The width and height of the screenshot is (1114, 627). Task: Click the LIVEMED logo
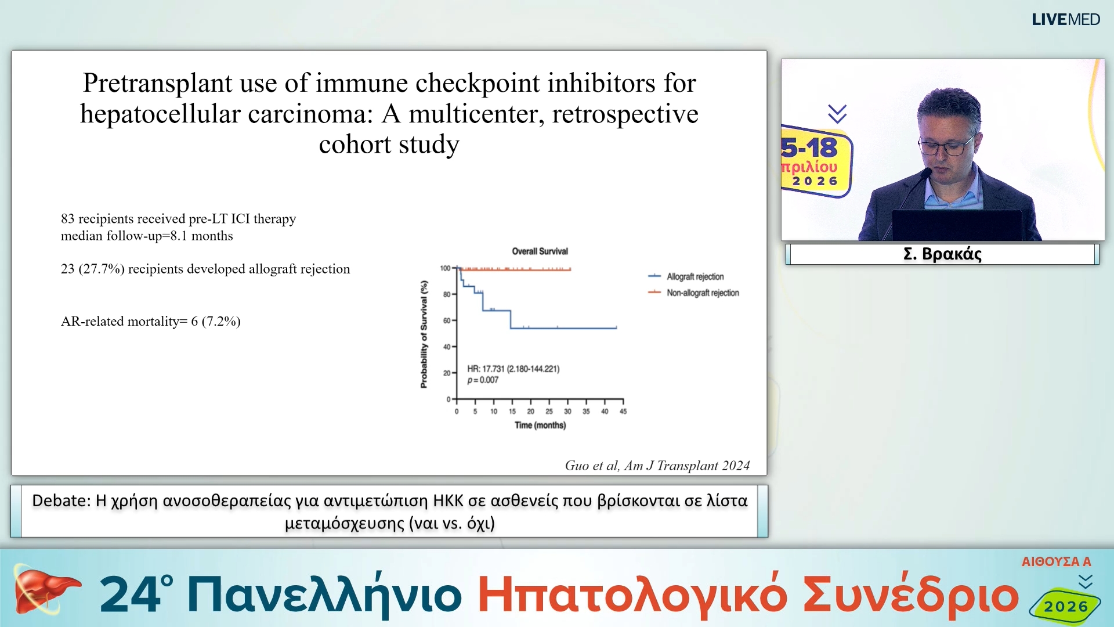coord(1065,20)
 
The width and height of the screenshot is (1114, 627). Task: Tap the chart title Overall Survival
coord(540,251)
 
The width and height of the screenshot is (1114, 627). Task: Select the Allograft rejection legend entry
coord(686,276)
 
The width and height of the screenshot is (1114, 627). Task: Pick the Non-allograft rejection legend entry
coord(693,293)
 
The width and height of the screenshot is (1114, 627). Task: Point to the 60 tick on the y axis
coord(447,320)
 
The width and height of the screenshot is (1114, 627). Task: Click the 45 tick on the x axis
coord(623,412)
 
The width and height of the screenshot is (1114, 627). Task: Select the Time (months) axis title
coord(540,426)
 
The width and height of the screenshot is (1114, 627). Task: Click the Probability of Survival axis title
coord(424,334)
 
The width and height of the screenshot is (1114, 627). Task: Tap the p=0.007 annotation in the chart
coord(483,380)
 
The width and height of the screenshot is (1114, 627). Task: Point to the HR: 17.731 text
coord(486,369)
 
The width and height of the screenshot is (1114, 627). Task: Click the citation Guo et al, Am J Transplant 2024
coord(657,466)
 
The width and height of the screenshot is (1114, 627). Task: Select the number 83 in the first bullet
coord(68,219)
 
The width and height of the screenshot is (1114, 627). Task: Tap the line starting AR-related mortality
coord(151,322)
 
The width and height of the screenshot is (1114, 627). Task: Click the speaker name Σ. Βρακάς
coord(942,254)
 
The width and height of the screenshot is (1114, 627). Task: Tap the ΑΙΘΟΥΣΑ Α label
coord(1056,561)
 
